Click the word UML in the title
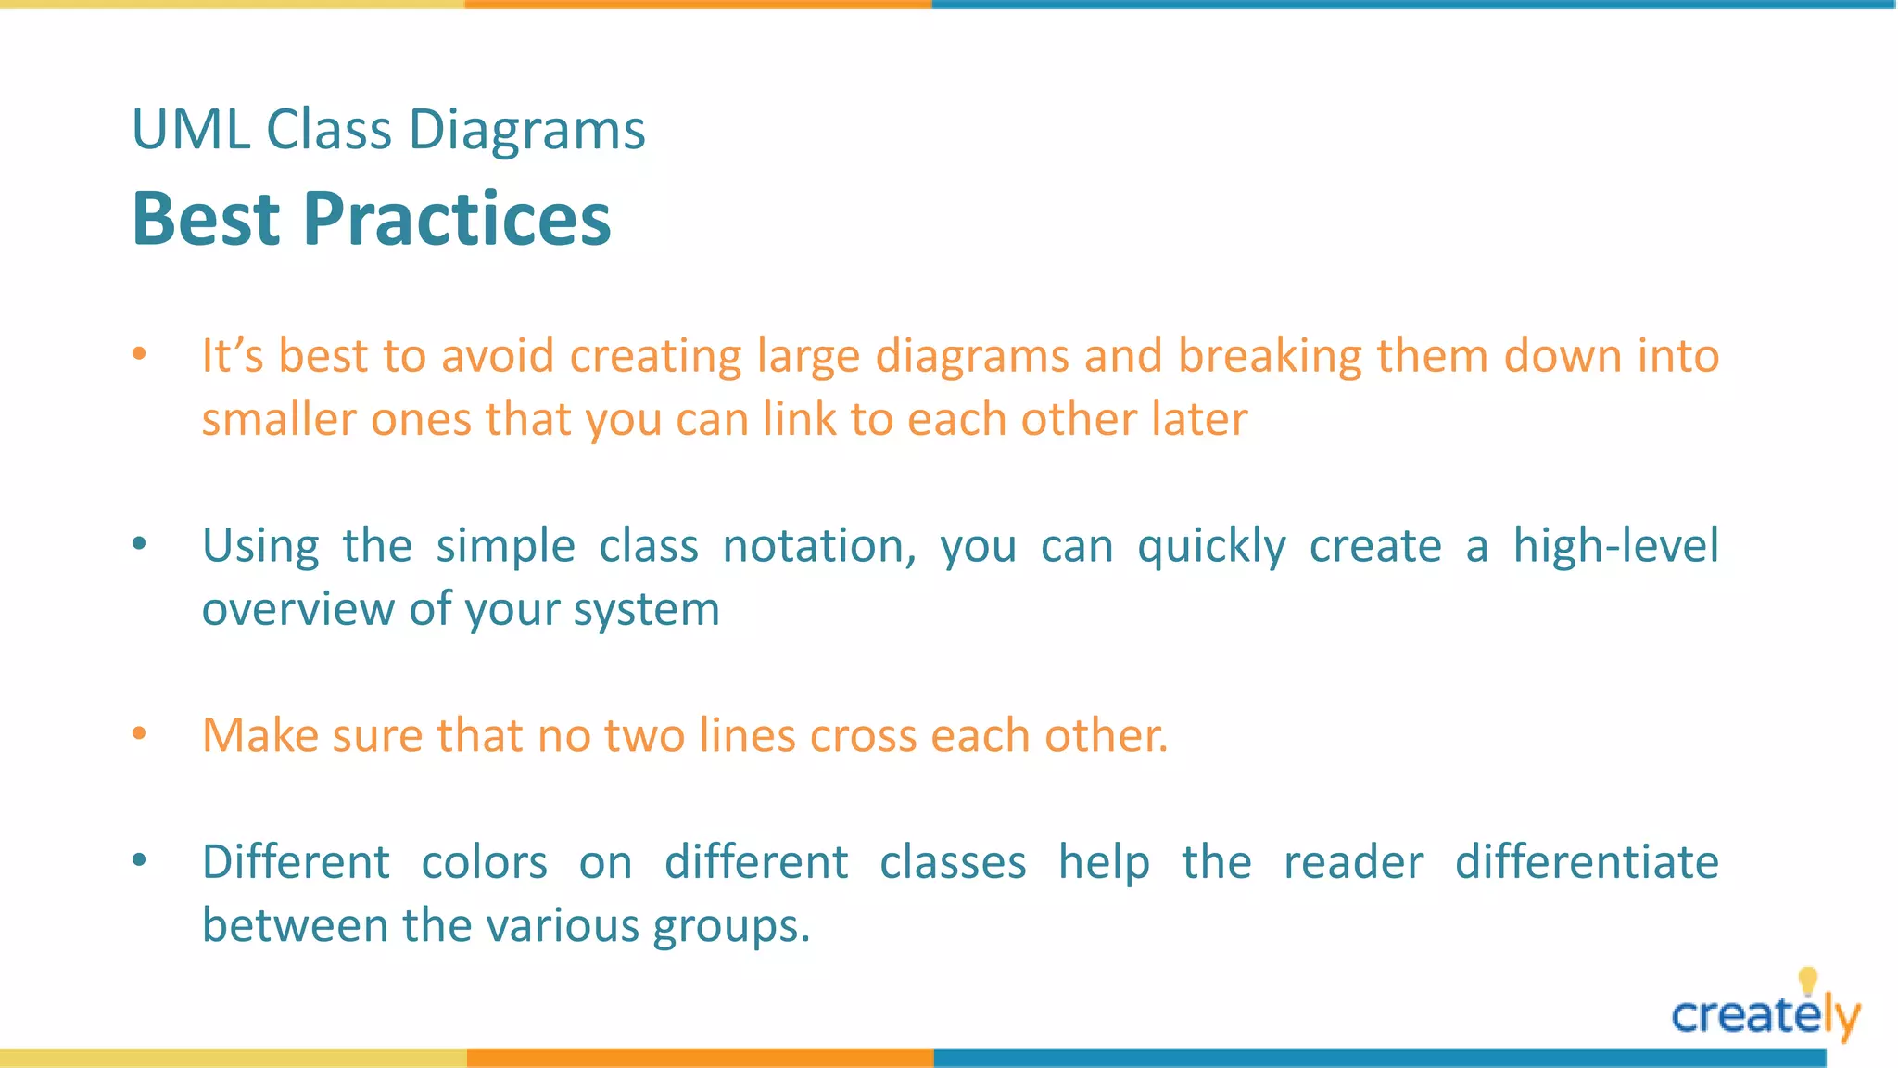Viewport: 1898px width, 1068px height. (190, 129)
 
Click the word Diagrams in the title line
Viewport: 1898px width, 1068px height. (526, 129)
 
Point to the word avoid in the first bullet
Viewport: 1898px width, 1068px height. (497, 356)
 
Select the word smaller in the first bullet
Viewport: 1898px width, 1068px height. (279, 419)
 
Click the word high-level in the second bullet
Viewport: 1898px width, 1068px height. (1615, 546)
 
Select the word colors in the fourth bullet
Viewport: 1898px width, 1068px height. (484, 862)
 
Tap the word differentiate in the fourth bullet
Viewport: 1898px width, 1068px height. (1587, 862)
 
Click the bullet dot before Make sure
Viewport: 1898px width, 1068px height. (139, 734)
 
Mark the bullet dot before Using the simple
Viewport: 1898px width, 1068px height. (139, 544)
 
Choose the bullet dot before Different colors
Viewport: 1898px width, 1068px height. (139, 860)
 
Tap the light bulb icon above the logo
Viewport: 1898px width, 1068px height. (1807, 980)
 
